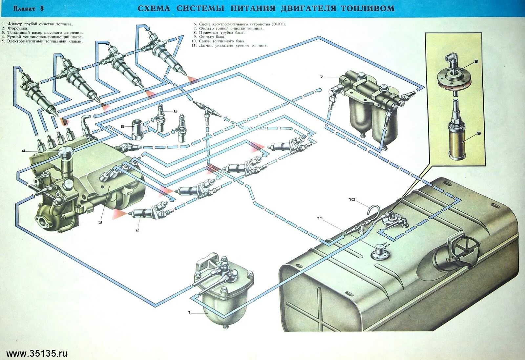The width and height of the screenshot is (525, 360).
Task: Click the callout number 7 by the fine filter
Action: pos(321,77)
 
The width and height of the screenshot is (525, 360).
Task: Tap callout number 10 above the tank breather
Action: pos(352,199)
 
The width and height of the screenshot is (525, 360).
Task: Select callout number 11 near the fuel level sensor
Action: pos(320,218)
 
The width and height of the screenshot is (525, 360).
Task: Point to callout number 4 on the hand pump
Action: pos(24,151)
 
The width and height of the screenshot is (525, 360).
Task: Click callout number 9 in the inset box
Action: pos(479,133)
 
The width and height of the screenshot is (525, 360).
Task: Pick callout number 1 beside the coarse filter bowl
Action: pos(189,312)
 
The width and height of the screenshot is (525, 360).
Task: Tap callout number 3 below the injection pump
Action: pos(100,222)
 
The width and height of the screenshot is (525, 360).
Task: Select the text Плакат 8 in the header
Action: pos(29,9)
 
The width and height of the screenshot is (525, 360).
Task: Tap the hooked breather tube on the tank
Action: pos(375,212)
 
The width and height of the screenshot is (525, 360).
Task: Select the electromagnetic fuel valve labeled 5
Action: pos(136,129)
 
